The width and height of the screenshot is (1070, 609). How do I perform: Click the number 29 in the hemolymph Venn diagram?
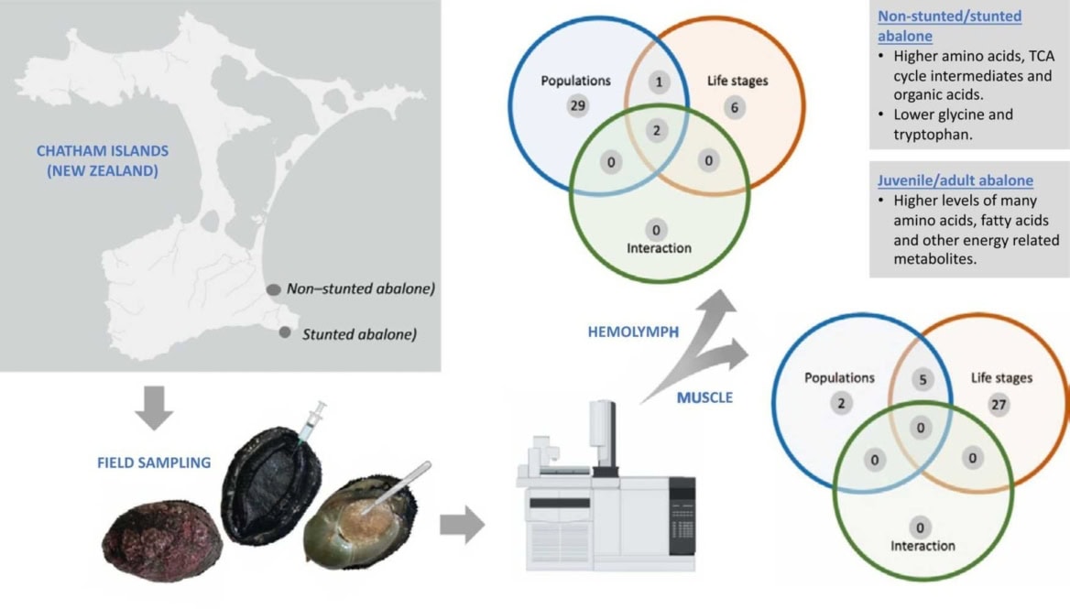[577, 106]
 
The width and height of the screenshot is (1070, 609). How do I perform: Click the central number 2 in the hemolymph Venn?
[657, 131]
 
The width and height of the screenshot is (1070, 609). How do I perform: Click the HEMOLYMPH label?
[633, 332]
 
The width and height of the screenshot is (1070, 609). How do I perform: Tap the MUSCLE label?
[704, 397]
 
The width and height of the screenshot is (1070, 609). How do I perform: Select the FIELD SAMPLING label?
[154, 462]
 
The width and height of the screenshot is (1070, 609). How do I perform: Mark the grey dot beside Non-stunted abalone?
[273, 289]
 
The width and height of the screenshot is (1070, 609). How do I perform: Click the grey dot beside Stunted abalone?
[286, 333]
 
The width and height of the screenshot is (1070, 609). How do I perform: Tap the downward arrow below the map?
[154, 410]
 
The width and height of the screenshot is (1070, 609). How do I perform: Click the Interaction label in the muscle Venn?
[922, 546]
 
